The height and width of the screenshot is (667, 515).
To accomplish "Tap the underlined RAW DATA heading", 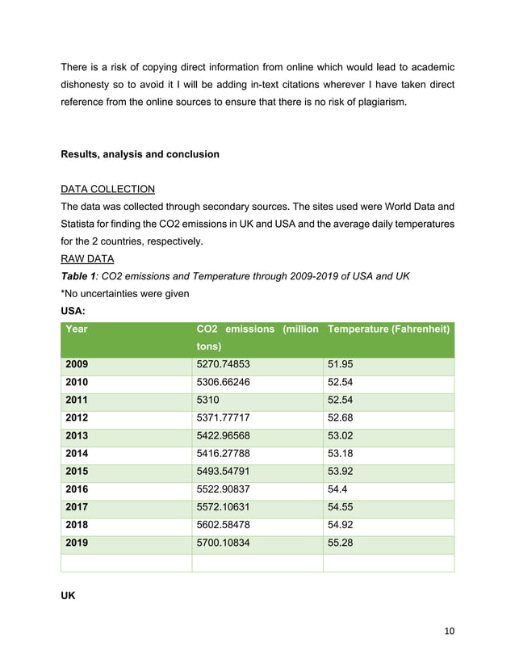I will [x=87, y=259].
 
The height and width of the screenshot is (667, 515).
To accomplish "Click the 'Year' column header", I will [x=77, y=329].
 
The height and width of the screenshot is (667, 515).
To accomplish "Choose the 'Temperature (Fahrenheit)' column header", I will [x=388, y=329].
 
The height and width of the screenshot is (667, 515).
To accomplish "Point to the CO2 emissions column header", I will [x=257, y=337].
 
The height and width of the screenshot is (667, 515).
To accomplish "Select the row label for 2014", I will [x=77, y=454].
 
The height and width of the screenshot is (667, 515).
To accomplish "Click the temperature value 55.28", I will [x=342, y=543].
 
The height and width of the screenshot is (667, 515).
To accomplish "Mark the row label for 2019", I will [x=77, y=543].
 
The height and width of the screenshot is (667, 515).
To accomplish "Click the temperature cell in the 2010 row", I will [x=342, y=383].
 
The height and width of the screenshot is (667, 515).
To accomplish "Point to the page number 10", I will [x=448, y=631].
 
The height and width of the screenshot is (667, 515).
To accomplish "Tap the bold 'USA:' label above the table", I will [x=74, y=310].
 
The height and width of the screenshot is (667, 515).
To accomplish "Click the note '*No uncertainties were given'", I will [x=125, y=293].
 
